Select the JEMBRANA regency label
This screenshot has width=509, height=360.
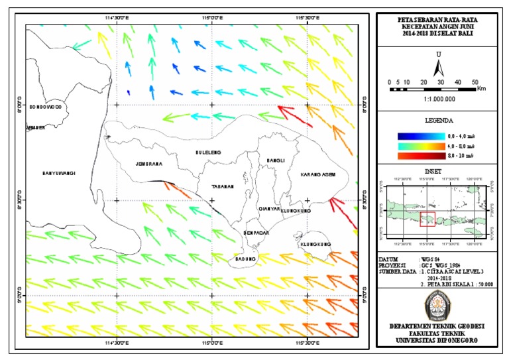[148, 164]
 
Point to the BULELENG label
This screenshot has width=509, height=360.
[208, 153]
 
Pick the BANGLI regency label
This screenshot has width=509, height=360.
[275, 160]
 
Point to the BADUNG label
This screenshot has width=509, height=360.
[246, 259]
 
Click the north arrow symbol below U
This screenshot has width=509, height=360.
[438, 68]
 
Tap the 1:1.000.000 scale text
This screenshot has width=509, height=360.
[437, 98]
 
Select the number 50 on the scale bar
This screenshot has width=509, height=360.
[475, 82]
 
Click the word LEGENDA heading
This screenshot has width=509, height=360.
[438, 121]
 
